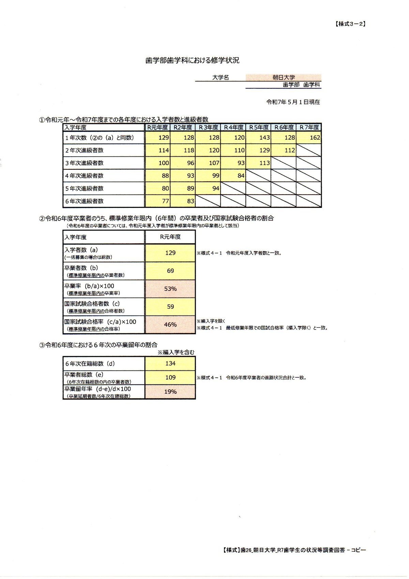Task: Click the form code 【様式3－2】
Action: point(350,24)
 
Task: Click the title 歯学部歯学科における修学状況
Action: point(192,60)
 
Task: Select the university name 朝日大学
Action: point(284,77)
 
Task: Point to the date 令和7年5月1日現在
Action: point(293,102)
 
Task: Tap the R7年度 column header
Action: point(309,127)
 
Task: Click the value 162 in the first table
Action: point(315,138)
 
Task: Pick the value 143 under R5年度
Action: point(264,138)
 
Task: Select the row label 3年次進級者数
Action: point(85,163)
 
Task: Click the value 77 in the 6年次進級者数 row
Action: point(165,201)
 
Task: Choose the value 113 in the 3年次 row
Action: point(264,163)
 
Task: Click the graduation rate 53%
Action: point(170,289)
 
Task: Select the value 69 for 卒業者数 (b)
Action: point(170,271)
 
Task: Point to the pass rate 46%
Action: point(170,324)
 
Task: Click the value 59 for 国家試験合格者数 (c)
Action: point(170,307)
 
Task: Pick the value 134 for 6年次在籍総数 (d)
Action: point(170,363)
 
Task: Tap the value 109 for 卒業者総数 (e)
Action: point(170,377)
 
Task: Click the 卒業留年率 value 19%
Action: point(170,392)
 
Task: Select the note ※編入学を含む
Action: point(176,352)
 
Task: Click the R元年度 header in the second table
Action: point(170,237)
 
